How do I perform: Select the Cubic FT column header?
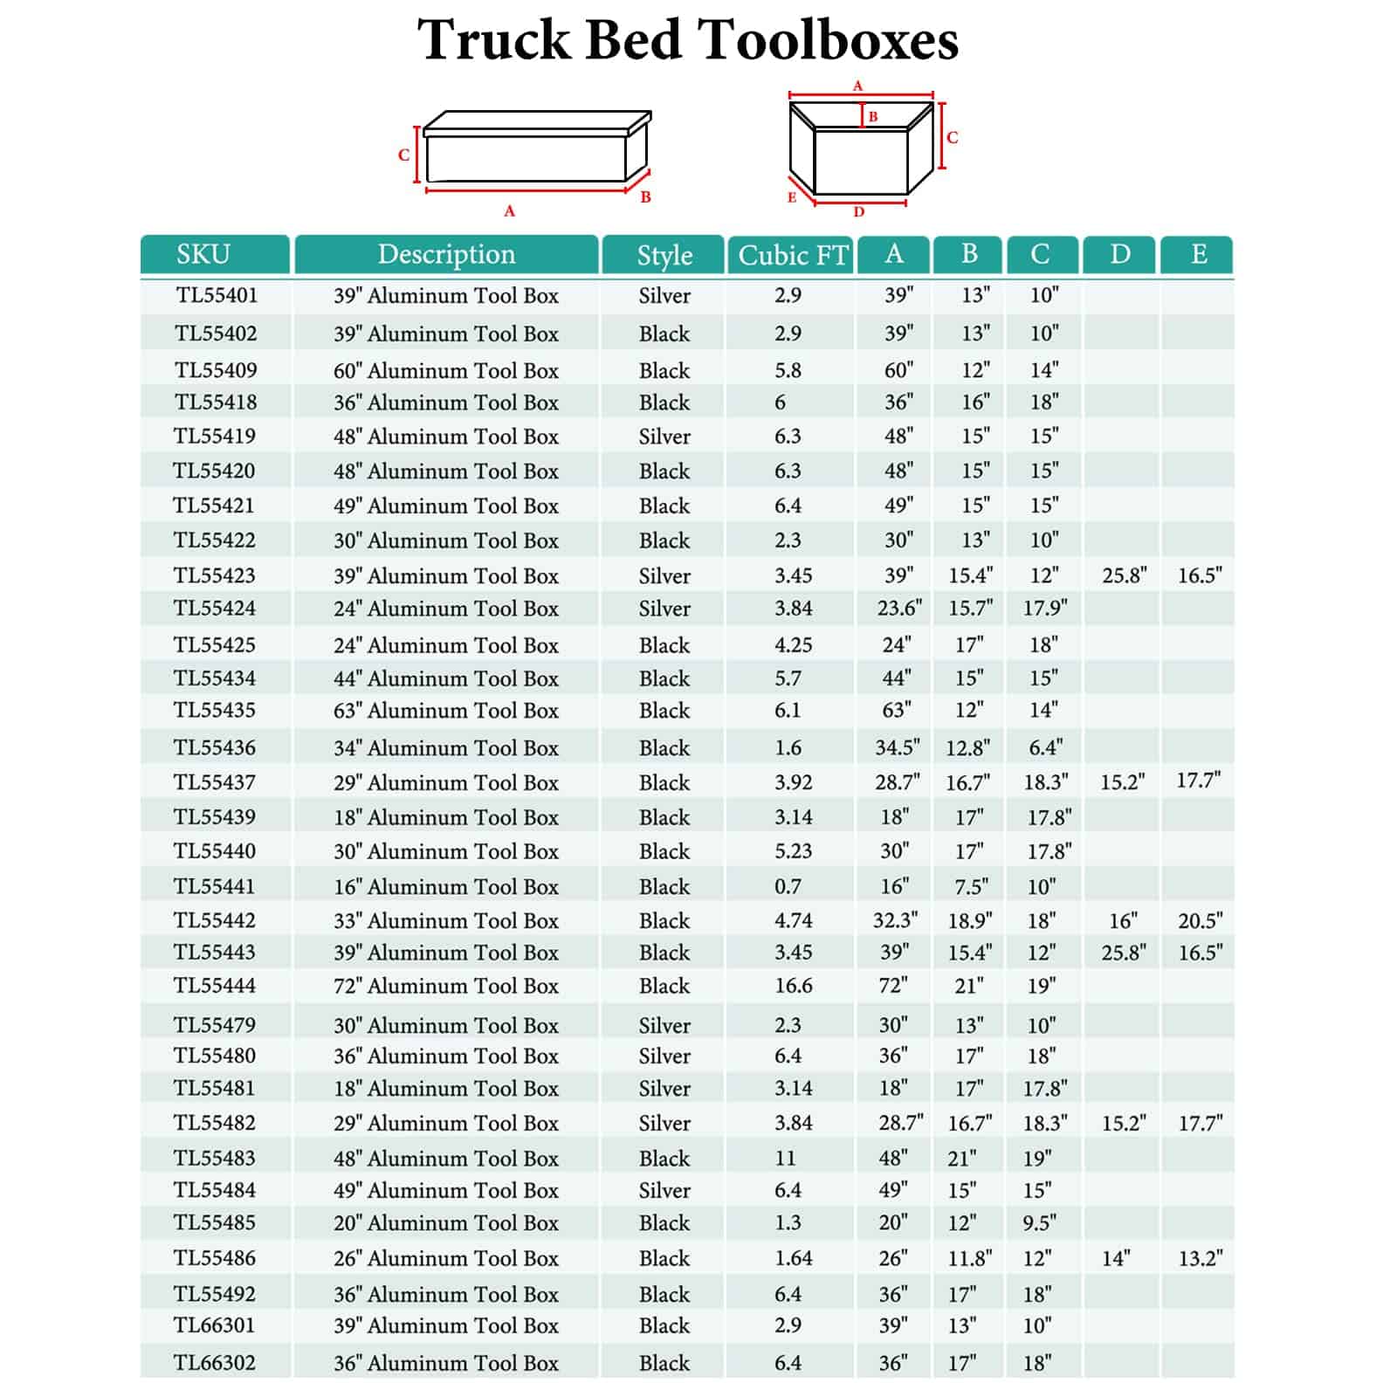coord(792,255)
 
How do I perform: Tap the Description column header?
coord(446,254)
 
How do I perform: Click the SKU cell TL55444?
coord(215,986)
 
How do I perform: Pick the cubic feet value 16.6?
coord(794,986)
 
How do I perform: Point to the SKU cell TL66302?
coord(215,1362)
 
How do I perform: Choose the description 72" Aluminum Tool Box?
coord(445,986)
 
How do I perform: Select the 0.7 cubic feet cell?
coord(788,886)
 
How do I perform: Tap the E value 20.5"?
coord(1200,920)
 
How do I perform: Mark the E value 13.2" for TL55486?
coord(1200,1258)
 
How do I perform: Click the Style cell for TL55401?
coord(664,296)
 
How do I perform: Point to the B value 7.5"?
coord(971,886)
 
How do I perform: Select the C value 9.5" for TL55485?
coord(1038,1222)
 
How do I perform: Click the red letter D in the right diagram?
coord(859,212)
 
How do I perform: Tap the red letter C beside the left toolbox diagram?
coord(403,155)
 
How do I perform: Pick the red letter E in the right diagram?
coord(792,197)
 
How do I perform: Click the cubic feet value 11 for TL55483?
coord(786,1159)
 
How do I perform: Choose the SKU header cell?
coord(203,254)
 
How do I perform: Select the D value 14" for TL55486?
coord(1116,1258)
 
